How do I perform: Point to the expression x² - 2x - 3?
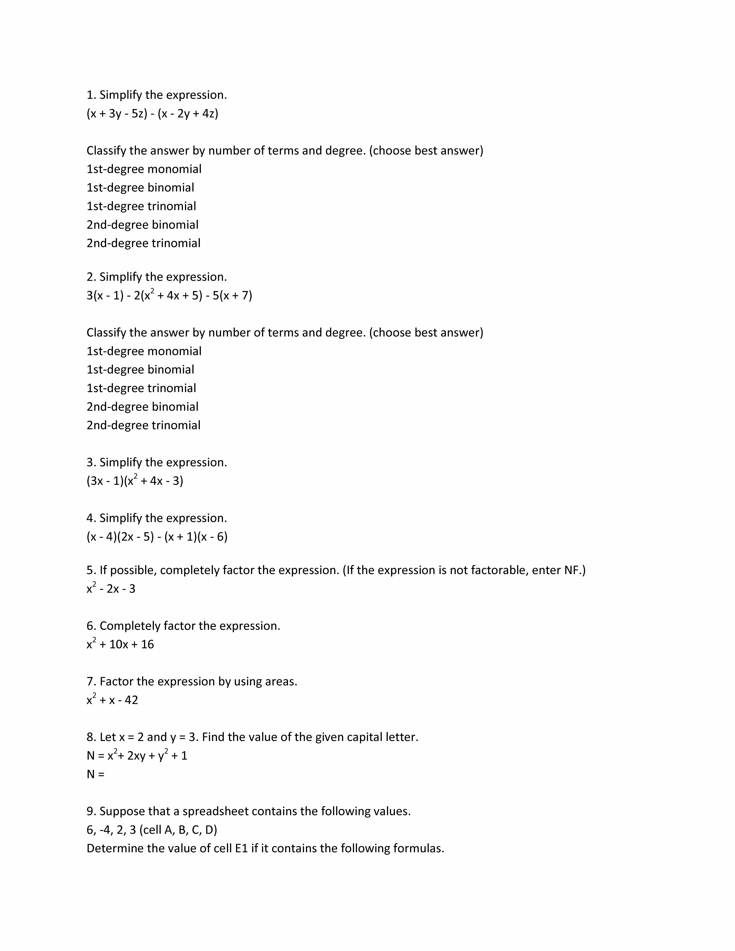(x=111, y=589)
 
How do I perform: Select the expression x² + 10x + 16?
(x=120, y=644)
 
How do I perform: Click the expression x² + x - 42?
(x=112, y=700)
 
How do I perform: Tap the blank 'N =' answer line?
(x=96, y=774)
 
